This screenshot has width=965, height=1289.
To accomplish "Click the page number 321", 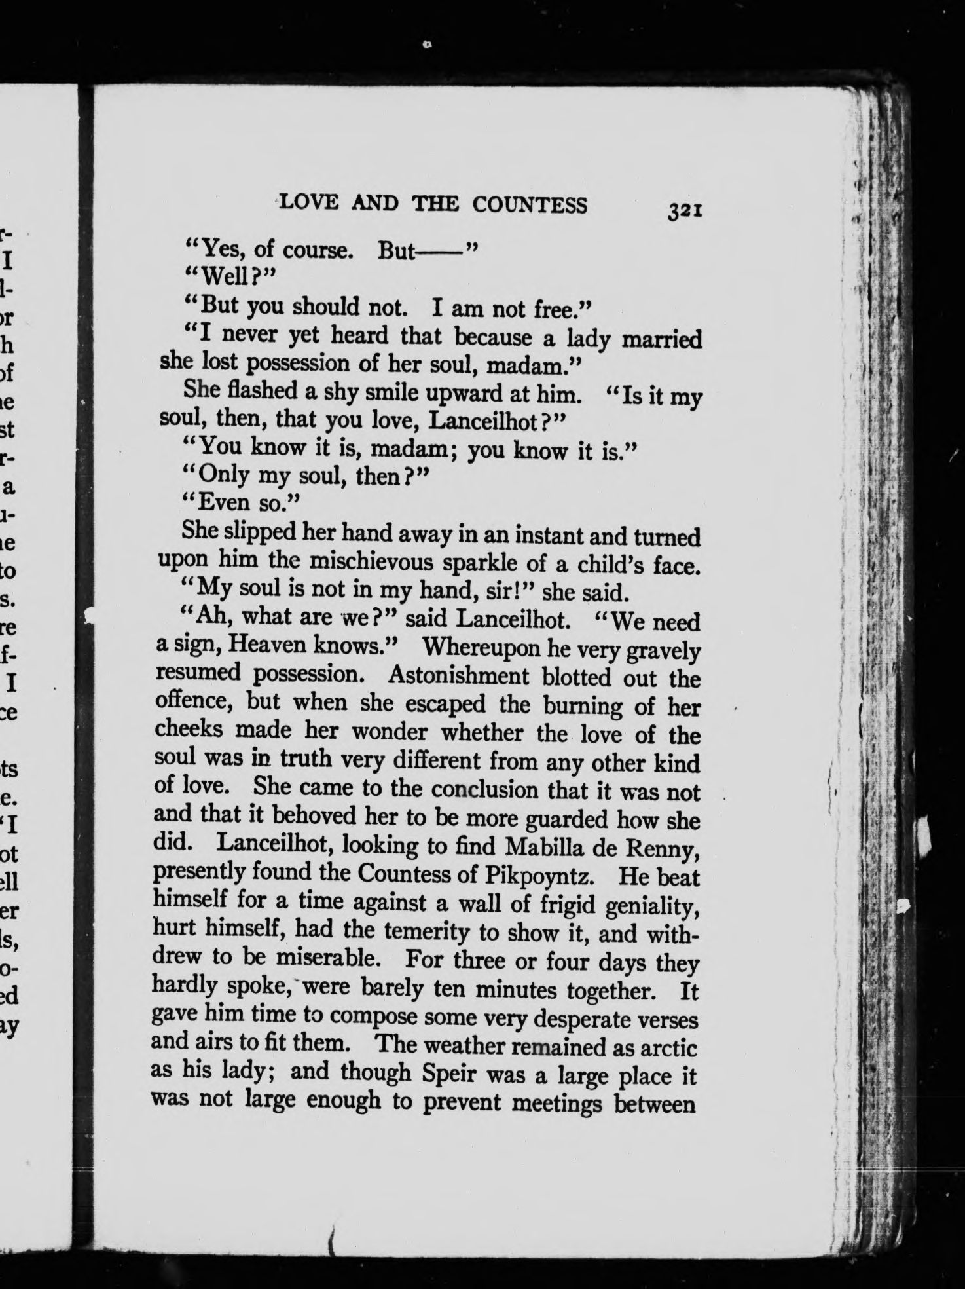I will click(685, 211).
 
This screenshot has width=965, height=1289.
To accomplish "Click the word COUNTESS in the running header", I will click(530, 205).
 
